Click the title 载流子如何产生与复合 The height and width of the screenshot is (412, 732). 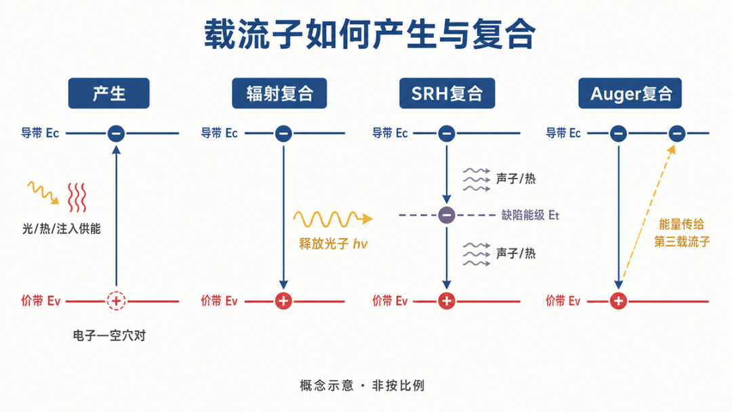tap(369, 34)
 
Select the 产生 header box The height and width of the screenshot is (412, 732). tap(108, 94)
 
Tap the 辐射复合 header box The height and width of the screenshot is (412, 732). tap(279, 94)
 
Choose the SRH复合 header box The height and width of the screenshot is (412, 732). tap(447, 94)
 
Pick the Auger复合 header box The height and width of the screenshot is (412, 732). tap(630, 94)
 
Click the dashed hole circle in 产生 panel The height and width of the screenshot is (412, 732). tap(117, 301)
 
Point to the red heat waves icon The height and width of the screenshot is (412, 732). tap(77, 197)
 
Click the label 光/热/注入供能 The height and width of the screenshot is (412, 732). tap(61, 228)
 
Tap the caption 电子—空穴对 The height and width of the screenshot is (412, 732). tap(109, 335)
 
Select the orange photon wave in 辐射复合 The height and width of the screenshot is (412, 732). tap(332, 219)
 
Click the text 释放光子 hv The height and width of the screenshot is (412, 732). tap(333, 243)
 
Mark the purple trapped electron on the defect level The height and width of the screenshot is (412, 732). tap(446, 215)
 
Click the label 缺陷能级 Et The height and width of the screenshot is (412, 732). tap(530, 215)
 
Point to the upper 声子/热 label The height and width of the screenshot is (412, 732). tap(515, 179)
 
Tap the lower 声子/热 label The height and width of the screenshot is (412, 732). tap(515, 253)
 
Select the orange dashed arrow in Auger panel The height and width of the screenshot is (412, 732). tap(649, 212)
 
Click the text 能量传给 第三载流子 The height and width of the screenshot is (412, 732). tap(682, 233)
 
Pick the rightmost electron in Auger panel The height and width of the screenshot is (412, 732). tap(677, 133)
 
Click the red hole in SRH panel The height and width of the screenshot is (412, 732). tap(446, 301)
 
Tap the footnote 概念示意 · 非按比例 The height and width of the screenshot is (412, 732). tap(362, 386)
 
